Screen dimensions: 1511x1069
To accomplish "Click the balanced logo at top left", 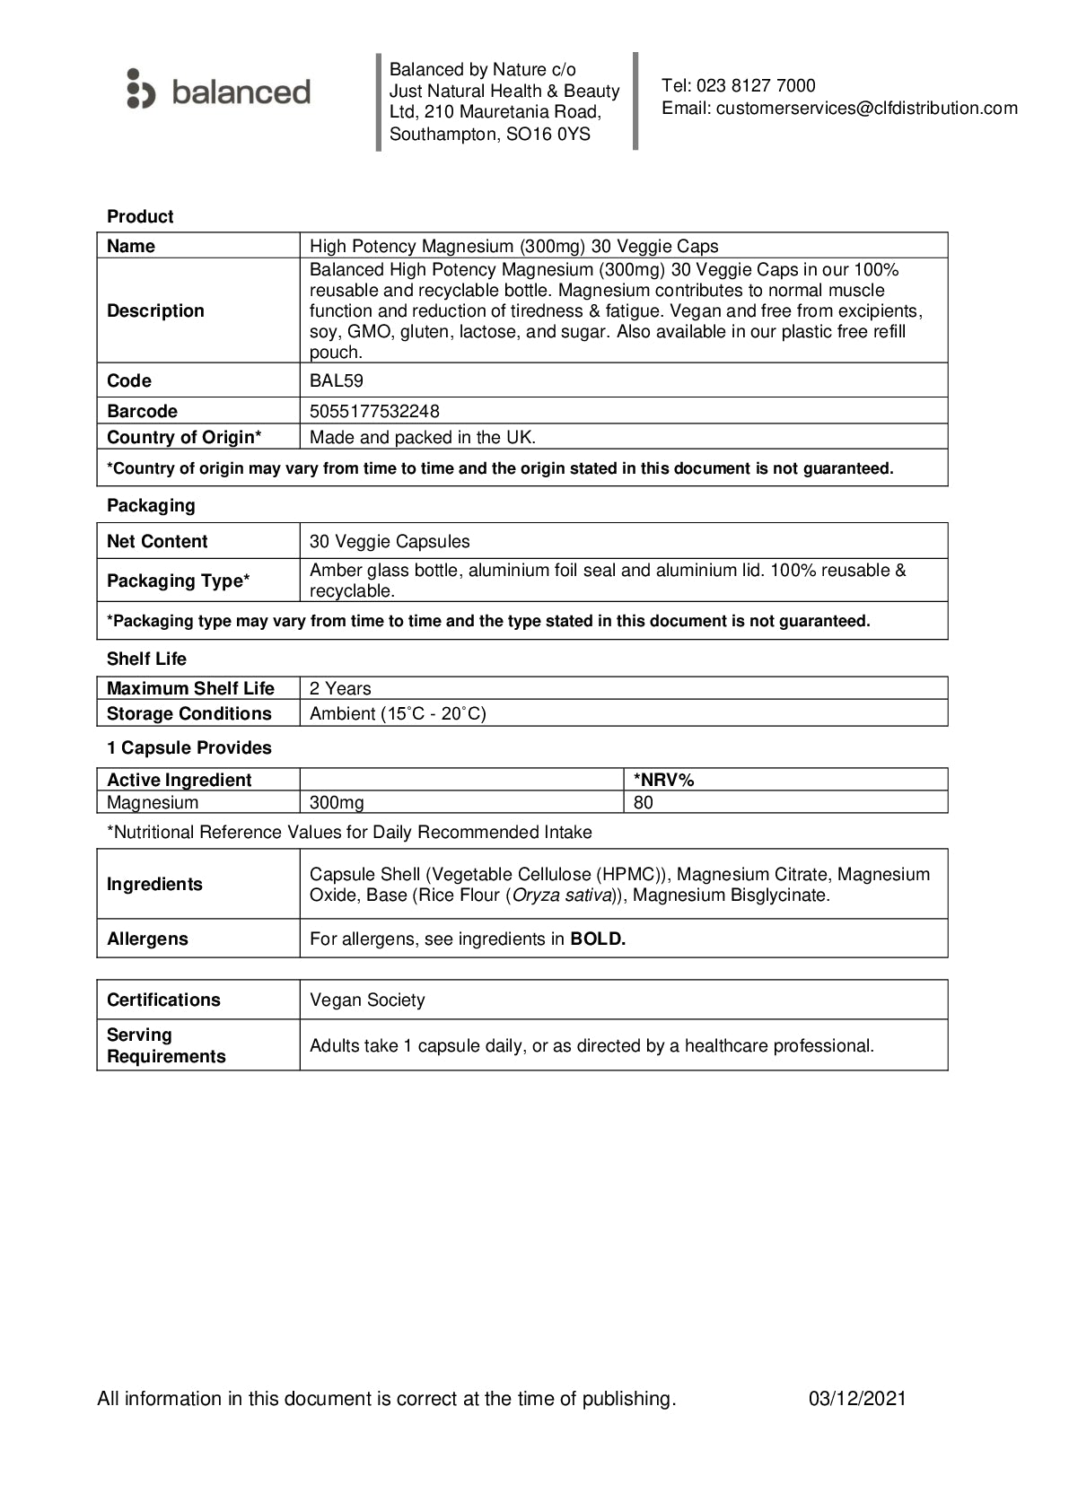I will tap(219, 91).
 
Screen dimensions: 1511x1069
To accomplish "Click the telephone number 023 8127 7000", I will tap(756, 86).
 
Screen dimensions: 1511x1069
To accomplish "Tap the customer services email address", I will tap(866, 109).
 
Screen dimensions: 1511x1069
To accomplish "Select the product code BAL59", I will tap(337, 380).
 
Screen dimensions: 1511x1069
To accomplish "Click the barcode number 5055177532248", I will tap(374, 411).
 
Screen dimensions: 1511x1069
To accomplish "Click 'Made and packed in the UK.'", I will tap(422, 438).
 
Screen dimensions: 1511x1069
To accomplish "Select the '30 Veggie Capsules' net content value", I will tap(390, 541).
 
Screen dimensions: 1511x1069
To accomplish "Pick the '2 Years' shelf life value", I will tap(340, 688).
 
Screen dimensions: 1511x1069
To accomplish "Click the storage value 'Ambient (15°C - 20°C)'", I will tap(398, 713).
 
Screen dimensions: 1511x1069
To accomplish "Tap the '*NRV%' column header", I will tap(664, 780).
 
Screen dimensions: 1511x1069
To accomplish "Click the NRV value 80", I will tap(644, 802).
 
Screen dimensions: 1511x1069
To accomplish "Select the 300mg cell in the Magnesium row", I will tap(337, 802).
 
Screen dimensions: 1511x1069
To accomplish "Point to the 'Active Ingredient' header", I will tap(180, 780).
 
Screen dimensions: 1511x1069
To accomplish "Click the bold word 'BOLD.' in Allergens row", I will tap(598, 939).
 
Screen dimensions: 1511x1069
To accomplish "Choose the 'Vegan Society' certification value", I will tap(367, 1000).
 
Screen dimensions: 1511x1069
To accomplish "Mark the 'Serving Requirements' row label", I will tap(166, 1045).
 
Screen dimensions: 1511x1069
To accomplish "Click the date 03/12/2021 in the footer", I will tap(857, 1398).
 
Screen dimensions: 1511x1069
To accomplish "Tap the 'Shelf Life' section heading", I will tap(146, 659).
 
